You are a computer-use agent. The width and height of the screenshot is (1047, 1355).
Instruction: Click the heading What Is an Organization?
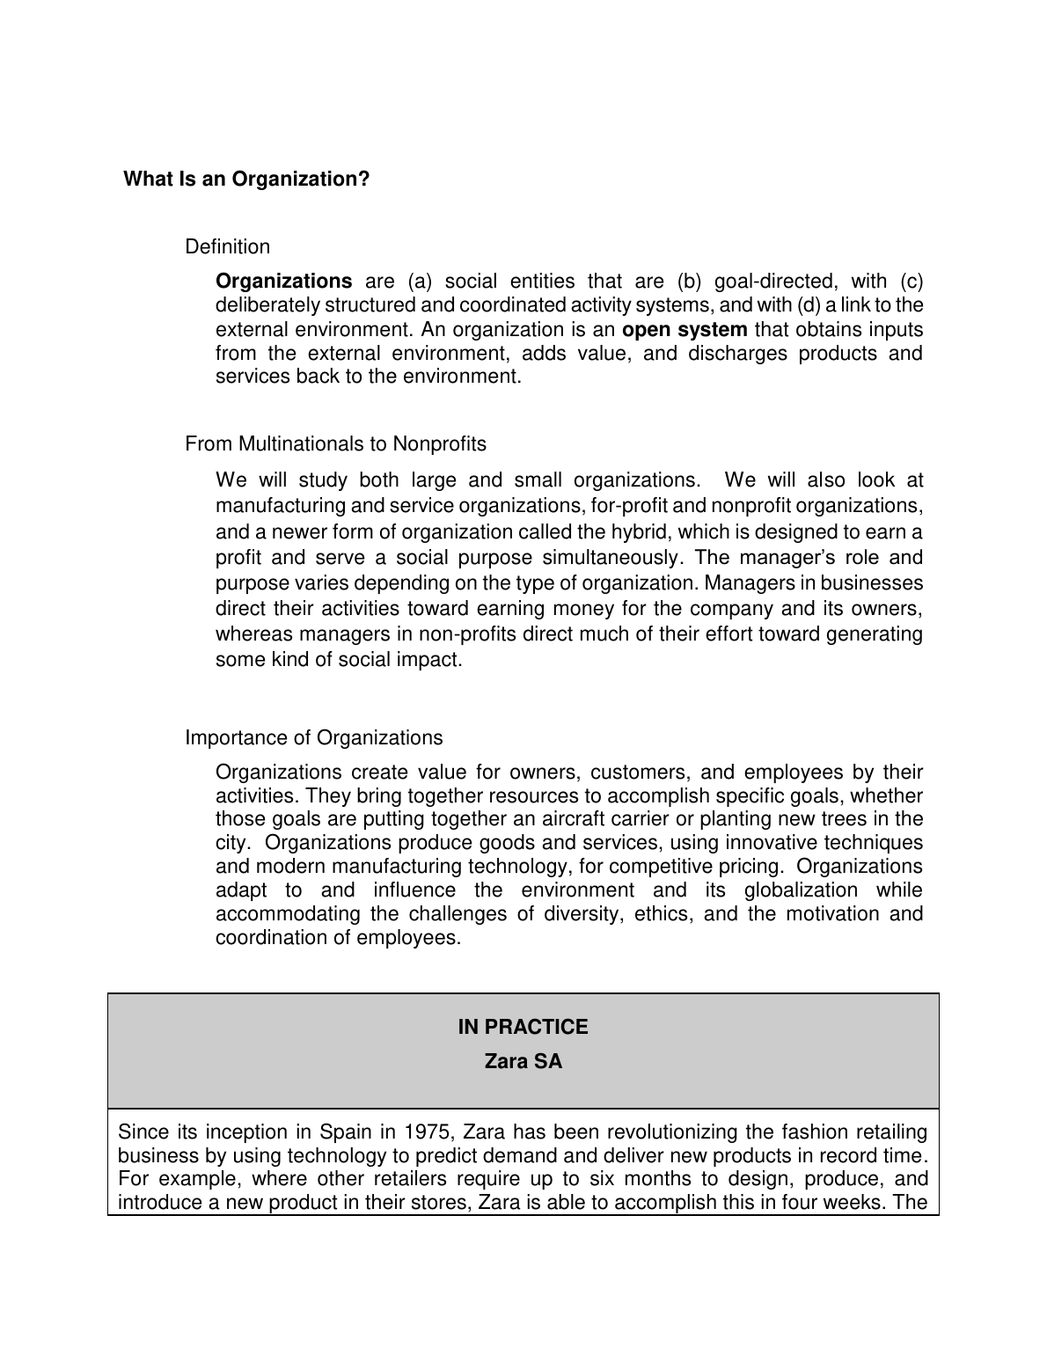(x=246, y=179)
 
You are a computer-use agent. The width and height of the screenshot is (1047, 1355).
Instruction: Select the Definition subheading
(x=227, y=247)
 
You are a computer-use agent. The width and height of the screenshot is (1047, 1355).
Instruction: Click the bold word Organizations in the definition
(x=283, y=282)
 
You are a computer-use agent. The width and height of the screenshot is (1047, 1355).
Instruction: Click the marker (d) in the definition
(x=806, y=305)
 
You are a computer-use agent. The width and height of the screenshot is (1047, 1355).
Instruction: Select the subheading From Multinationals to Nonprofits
(x=335, y=444)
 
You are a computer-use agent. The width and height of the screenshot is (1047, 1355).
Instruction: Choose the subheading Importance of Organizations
(x=314, y=738)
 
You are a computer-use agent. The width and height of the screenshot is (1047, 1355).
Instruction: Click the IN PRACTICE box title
(x=523, y=1028)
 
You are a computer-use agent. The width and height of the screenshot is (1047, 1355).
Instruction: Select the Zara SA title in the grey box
(x=523, y=1062)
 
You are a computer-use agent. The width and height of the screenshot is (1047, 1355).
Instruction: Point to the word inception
(x=249, y=1132)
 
